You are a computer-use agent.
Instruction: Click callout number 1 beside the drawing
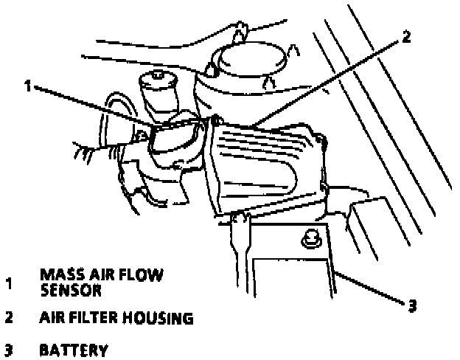click(x=27, y=86)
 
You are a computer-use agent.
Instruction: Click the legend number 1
click(x=9, y=283)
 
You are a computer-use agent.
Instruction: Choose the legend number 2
click(x=9, y=319)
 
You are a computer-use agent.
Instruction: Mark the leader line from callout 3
click(x=369, y=288)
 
